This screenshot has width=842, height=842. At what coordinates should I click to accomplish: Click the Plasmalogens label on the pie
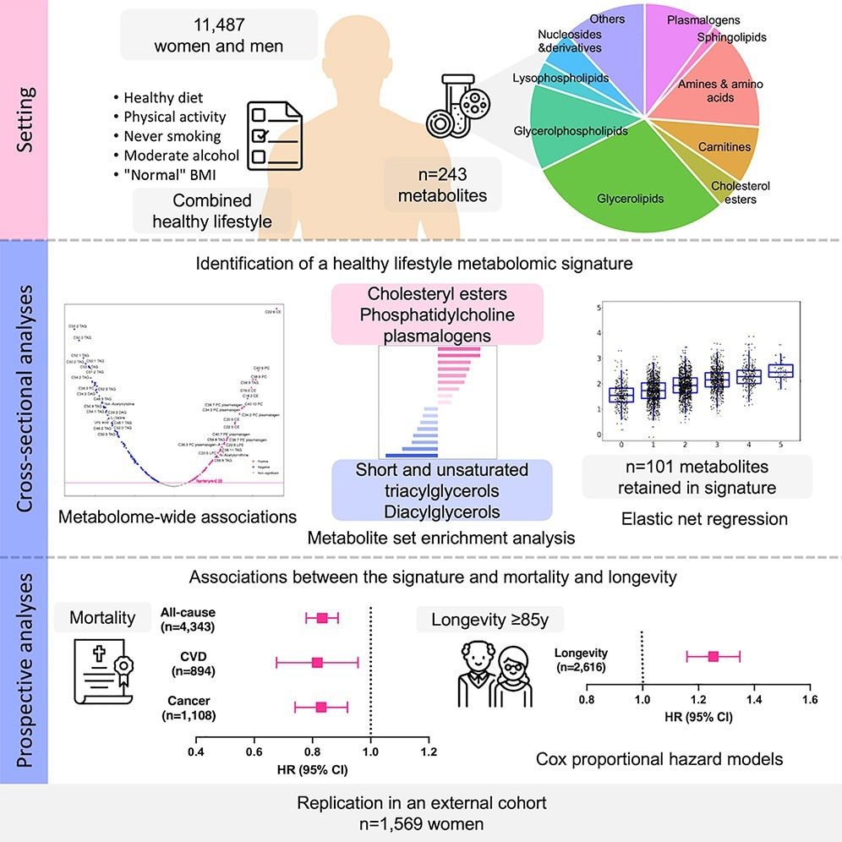pos(703,19)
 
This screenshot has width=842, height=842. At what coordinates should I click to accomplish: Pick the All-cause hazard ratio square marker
pos(321,618)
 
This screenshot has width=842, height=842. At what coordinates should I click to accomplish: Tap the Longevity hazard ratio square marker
pos(714,656)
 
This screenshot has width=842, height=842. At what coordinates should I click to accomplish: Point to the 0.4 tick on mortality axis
pos(196,751)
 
